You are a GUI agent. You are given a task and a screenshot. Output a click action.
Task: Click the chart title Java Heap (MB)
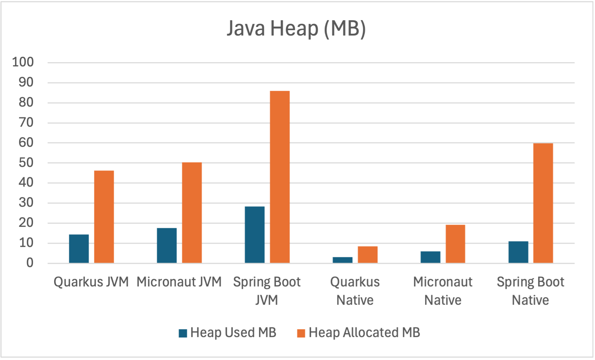(x=296, y=29)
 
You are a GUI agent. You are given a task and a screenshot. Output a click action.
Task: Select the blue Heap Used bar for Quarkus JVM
(x=79, y=249)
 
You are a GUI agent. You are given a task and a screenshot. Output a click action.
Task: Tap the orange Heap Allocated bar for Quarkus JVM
(x=104, y=217)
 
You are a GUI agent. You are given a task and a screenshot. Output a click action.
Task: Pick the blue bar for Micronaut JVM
(x=167, y=246)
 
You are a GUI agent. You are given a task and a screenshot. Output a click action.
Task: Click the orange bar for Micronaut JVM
(x=192, y=213)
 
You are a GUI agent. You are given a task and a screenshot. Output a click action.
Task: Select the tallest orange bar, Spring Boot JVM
(x=280, y=177)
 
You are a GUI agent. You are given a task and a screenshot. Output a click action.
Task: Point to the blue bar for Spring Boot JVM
(x=255, y=235)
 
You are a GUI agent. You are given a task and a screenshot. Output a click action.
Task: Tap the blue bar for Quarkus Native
(x=343, y=260)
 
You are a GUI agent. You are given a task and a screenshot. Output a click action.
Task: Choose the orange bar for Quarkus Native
(x=368, y=255)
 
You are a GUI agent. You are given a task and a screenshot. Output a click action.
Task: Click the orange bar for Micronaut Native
(x=455, y=244)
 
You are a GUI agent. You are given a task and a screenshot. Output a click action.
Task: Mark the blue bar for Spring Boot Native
(x=518, y=252)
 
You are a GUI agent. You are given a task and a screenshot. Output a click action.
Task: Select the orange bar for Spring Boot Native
(x=543, y=203)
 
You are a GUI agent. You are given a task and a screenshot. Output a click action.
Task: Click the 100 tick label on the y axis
(x=23, y=62)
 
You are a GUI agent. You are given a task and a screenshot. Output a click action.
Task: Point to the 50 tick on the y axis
(x=26, y=163)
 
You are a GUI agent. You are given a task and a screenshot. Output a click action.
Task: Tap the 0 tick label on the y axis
(x=30, y=263)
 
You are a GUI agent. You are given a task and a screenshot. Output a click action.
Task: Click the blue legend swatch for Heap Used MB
(x=183, y=333)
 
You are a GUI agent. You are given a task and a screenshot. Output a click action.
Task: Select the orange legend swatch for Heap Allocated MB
(x=301, y=333)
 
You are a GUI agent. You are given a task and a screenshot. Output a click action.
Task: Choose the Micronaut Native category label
(x=443, y=291)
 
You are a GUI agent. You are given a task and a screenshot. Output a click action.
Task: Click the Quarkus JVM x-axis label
(x=91, y=282)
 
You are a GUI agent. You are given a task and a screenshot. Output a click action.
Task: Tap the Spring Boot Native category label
(x=530, y=291)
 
